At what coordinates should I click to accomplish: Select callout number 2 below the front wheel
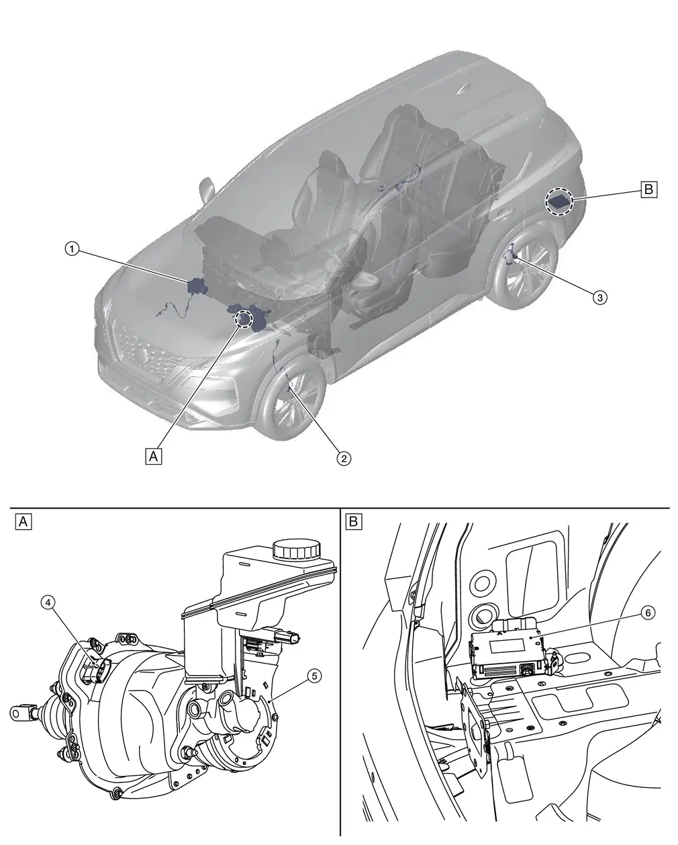pyautogui.click(x=343, y=458)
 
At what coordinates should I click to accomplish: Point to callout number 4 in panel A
pyautogui.click(x=48, y=603)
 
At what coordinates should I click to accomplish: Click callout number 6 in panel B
pyautogui.click(x=646, y=613)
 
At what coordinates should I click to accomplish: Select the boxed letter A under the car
pyautogui.click(x=154, y=456)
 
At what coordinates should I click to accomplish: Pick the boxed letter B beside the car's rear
pyautogui.click(x=648, y=189)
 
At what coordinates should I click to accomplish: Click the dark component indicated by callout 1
pyautogui.click(x=197, y=286)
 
